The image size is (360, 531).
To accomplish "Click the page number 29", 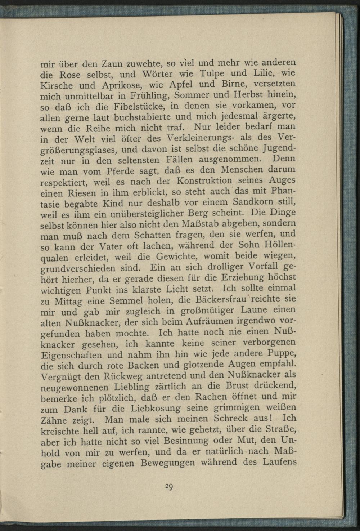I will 169,487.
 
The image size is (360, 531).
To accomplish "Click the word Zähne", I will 54,420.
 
